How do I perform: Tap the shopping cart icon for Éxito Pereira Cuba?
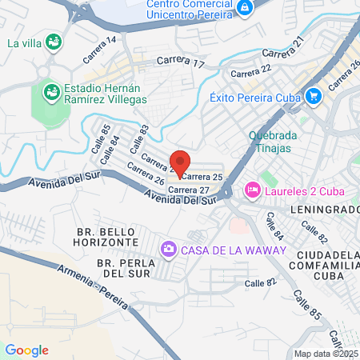pyautogui.click(x=313, y=97)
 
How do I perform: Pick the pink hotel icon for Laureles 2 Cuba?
pyautogui.click(x=252, y=190)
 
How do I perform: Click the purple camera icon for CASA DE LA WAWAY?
pyautogui.click(x=168, y=250)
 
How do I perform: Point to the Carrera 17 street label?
pyautogui.click(x=181, y=61)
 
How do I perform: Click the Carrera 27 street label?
pyautogui.click(x=189, y=190)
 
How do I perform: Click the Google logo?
pyautogui.click(x=26, y=350)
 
